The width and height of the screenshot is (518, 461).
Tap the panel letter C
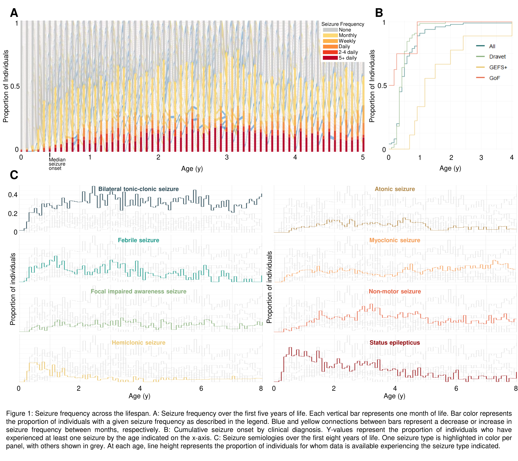coord(14,175)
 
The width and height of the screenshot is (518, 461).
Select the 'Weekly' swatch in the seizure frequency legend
coord(330,41)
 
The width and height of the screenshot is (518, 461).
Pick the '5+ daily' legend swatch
coord(330,58)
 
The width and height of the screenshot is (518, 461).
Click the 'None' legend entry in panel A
coord(345,30)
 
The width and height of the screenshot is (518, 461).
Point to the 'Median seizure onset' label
coord(57,164)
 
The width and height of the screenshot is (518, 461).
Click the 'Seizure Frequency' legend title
coord(343,24)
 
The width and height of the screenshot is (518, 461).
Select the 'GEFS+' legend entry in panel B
coord(498,67)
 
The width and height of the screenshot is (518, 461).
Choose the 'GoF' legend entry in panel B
coord(494,78)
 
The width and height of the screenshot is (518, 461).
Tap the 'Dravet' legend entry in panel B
coord(497,57)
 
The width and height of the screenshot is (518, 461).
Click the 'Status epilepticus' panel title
coord(394,343)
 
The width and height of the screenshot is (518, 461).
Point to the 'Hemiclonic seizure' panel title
coord(138,343)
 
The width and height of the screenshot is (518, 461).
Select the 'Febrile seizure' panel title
coord(138,240)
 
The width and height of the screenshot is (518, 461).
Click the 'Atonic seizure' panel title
coord(394,189)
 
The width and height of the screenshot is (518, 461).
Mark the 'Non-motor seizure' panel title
coord(394,291)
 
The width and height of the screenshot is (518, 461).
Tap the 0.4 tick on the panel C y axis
coord(13,195)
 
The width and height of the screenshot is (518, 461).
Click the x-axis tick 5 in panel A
coord(363,157)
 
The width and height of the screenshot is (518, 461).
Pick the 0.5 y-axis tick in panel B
coord(382,86)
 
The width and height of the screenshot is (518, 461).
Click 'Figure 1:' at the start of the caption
coord(20,414)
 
